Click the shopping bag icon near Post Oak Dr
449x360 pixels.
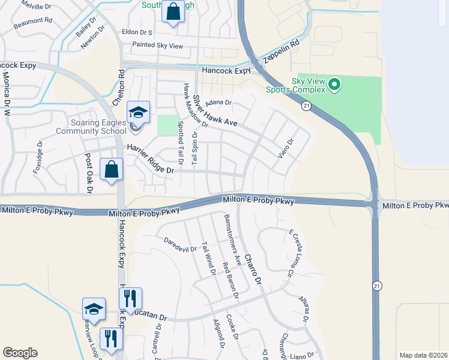pos(112,170)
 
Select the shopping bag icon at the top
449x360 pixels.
pos(173,11)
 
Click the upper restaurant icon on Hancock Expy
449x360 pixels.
pos(130,298)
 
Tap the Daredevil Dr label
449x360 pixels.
pos(180,245)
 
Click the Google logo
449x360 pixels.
pos(20,353)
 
